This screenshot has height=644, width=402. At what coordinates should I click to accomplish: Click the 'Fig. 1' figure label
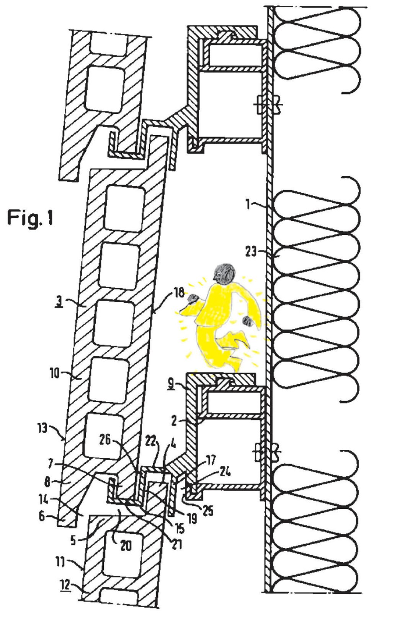(x=30, y=218)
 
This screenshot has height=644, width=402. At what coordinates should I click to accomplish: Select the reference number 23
(x=251, y=252)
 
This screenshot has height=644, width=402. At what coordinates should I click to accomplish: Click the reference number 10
(x=55, y=373)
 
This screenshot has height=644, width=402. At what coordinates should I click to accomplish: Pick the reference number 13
(x=42, y=428)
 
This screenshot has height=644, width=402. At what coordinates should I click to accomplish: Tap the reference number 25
(x=207, y=510)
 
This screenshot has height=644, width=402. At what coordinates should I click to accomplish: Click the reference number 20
(x=126, y=545)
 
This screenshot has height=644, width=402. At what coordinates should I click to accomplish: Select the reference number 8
(x=47, y=482)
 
